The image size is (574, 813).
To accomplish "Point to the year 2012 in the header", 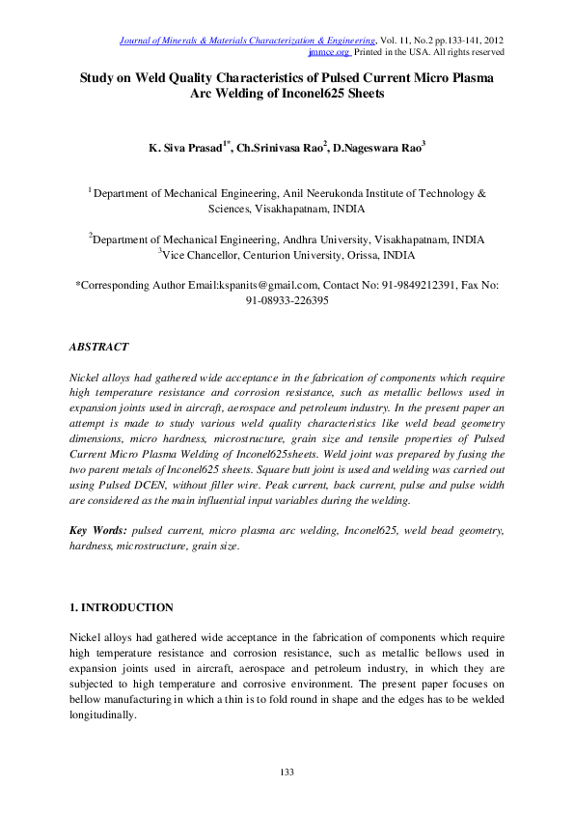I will (x=491, y=40).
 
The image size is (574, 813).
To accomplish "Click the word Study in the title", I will (x=98, y=78).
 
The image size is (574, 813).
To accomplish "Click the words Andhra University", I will (x=314, y=238).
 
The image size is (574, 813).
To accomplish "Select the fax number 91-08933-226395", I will (x=287, y=300).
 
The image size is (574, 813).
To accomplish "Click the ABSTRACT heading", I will (x=98, y=345).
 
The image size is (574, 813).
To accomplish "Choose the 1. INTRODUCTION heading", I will (x=122, y=607).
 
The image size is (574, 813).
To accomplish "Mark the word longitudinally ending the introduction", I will (x=103, y=716).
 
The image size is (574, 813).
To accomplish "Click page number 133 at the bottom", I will (x=287, y=772).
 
